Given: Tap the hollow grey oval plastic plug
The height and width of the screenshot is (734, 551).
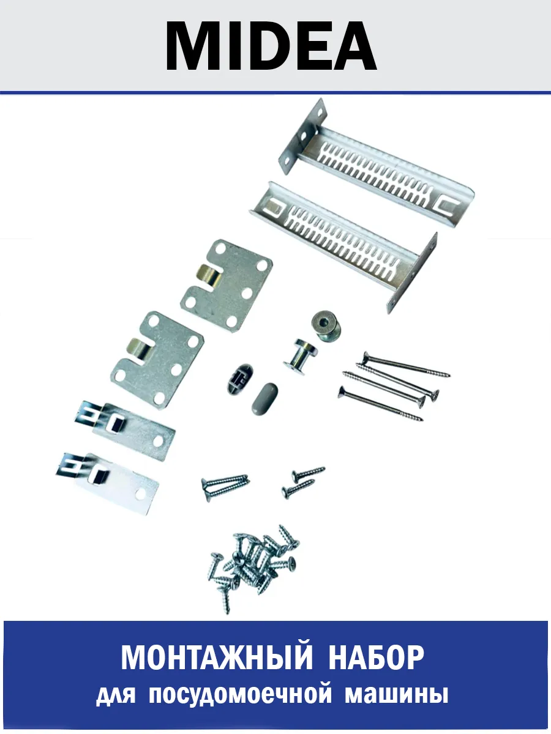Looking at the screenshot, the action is [239, 379].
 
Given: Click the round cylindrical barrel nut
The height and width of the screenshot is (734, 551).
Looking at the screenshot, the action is [326, 325].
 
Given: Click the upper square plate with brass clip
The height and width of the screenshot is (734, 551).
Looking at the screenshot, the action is [227, 286].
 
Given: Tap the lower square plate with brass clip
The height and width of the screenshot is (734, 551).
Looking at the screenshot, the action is [157, 360].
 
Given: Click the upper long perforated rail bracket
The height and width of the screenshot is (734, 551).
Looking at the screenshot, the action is [376, 163].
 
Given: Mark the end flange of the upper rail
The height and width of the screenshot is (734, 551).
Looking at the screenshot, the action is [302, 136].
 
